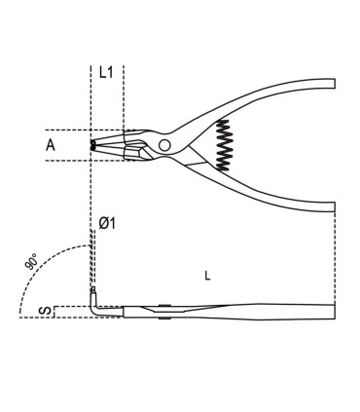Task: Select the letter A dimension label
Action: pyautogui.click(x=51, y=145)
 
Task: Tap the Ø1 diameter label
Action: pyautogui.click(x=108, y=224)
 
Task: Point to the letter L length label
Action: pyautogui.click(x=206, y=276)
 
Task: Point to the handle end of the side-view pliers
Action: pyautogui.click(x=331, y=312)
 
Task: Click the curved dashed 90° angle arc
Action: pyautogui.click(x=44, y=255)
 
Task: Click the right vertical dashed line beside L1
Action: pyautogui.click(x=124, y=97)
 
